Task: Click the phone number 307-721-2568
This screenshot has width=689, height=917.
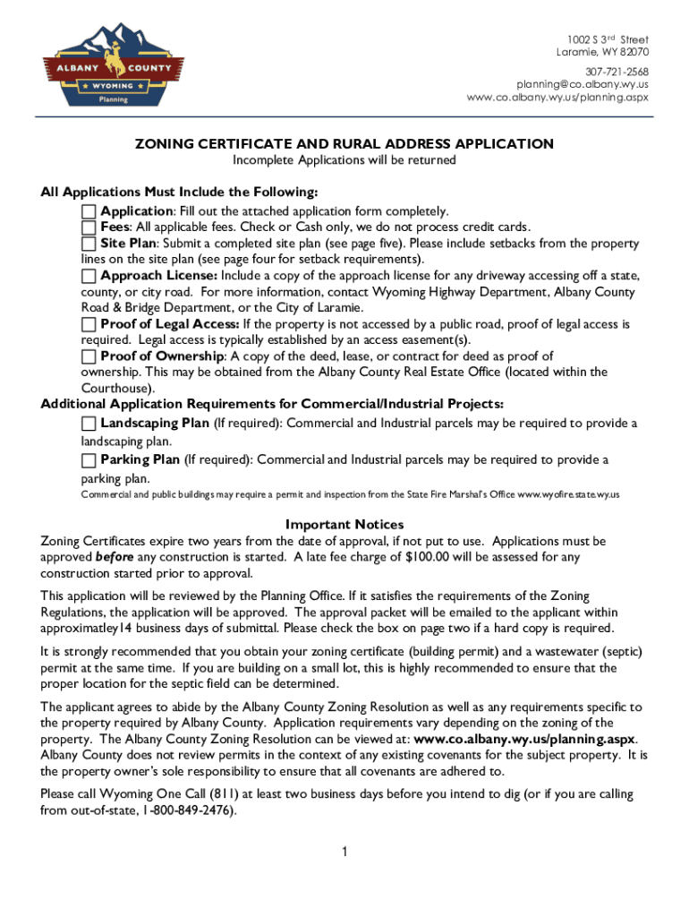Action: point(617,72)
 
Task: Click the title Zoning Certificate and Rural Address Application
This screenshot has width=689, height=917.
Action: point(344,143)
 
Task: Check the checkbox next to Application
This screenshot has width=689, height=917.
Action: point(89,211)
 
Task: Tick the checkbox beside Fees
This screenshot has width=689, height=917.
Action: point(89,227)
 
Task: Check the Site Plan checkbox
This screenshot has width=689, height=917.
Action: point(89,244)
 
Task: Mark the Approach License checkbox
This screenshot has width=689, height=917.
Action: point(89,276)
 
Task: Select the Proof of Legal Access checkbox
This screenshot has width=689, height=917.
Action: point(89,324)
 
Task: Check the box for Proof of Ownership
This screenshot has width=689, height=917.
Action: point(89,356)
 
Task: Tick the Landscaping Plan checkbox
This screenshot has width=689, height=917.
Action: point(89,423)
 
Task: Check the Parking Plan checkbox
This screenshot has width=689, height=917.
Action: point(89,460)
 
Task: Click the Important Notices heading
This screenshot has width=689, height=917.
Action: point(344,524)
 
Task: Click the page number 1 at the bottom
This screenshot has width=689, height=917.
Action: point(344,851)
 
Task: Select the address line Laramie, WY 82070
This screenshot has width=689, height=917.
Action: point(602,52)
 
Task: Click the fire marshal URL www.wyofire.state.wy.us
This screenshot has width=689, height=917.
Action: point(569,494)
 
